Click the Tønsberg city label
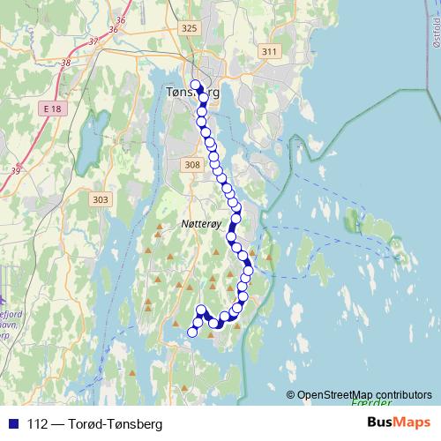pos(192,92)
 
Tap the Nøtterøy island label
pos(198,224)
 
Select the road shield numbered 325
pos(189,28)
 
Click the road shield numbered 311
pos(270,52)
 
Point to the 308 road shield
pos(193,165)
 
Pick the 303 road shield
pos(100,200)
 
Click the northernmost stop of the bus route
pos(196,86)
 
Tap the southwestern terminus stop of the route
pos(193,332)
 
